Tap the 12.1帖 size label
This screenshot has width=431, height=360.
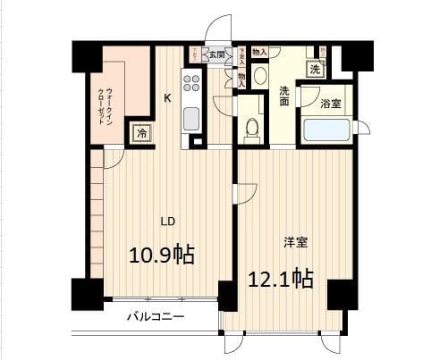click(280, 278)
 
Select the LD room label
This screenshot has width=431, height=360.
click(166, 220)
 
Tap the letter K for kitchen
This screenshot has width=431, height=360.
click(166, 98)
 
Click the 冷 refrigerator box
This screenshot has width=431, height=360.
click(142, 133)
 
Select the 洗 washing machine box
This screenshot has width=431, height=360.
click(315, 70)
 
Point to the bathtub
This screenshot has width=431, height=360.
click(325, 130)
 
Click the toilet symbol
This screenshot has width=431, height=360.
click(251, 128)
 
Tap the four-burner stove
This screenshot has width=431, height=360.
click(192, 85)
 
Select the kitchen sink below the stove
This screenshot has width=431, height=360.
click(191, 116)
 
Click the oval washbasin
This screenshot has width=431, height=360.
click(260, 74)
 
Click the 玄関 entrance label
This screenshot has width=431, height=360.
click(216, 54)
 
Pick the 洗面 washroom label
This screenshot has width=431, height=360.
click(283, 96)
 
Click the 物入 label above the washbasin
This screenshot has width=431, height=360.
click(259, 53)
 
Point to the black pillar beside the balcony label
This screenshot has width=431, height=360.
click(227, 295)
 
